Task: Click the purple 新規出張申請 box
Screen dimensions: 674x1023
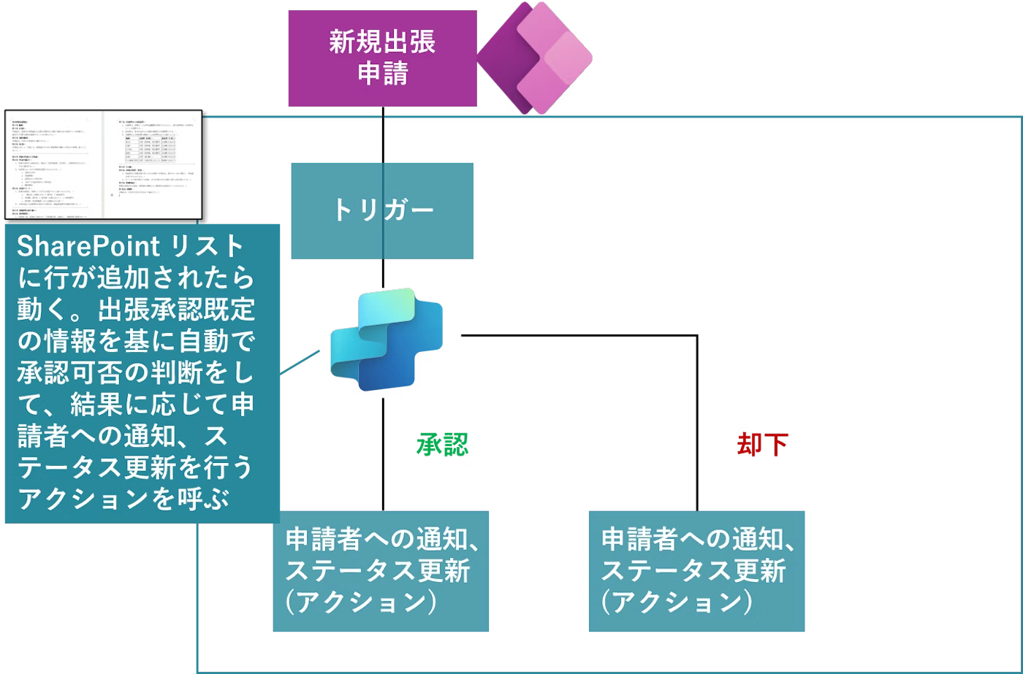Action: click(381, 58)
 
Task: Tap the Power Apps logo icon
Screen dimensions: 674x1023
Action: click(534, 57)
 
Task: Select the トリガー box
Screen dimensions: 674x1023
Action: click(382, 210)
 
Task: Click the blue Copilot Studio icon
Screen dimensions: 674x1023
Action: click(386, 337)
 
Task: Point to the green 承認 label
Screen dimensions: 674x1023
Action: click(442, 444)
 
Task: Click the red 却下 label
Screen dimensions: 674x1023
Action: click(763, 444)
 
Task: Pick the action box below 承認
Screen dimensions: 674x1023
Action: click(381, 570)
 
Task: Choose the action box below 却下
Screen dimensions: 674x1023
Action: click(696, 570)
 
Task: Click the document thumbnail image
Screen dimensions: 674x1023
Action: click(103, 164)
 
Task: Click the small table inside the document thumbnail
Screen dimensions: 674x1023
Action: click(150, 147)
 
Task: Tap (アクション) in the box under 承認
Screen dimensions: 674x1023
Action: click(362, 602)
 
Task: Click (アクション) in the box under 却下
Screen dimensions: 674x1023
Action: click(677, 602)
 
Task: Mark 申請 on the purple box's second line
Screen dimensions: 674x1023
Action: click(382, 74)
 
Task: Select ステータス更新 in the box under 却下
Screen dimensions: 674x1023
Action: click(693, 570)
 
